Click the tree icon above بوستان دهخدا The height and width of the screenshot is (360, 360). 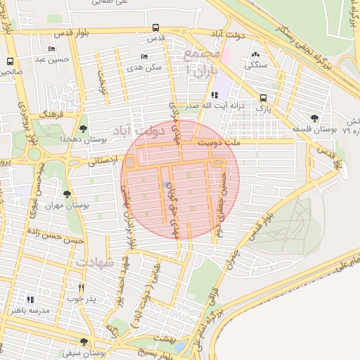coord(84,129)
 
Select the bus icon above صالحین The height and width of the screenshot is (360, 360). coord(10,61)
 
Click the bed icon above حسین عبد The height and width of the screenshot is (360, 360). coord(51,49)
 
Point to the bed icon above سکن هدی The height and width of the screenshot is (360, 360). coord(144,56)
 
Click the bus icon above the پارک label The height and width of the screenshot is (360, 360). coord(263,98)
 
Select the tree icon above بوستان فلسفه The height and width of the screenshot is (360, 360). coord(314,118)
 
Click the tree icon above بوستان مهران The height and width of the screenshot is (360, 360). coord(67,193)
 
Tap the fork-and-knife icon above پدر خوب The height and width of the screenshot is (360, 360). coord(82,288)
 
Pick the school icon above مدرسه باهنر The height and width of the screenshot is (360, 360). coord(30,299)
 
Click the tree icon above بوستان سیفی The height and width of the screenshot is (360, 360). coord(84,342)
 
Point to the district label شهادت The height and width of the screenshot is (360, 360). coord(94,262)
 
